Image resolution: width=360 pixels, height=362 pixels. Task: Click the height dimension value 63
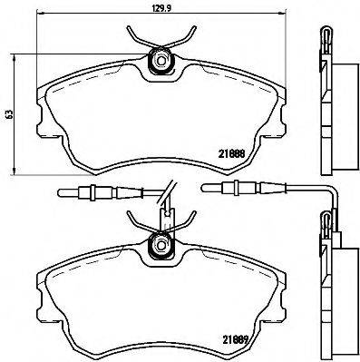coord(10,114)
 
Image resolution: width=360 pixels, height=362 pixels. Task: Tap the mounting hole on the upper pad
coord(162,62)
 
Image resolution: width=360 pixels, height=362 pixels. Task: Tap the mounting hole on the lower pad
coord(162,242)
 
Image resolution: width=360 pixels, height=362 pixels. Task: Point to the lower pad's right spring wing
coord(187,219)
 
